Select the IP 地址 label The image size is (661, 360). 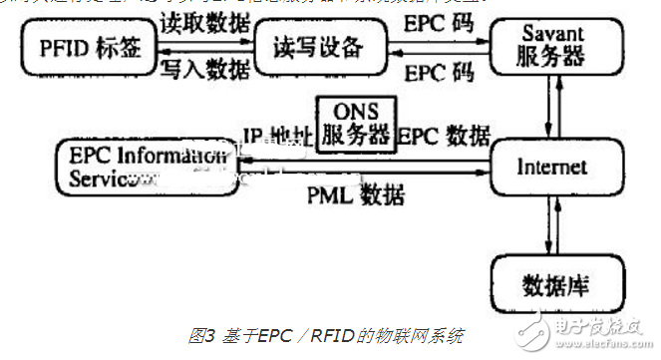tap(275, 133)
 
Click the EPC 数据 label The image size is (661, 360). tap(444, 133)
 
